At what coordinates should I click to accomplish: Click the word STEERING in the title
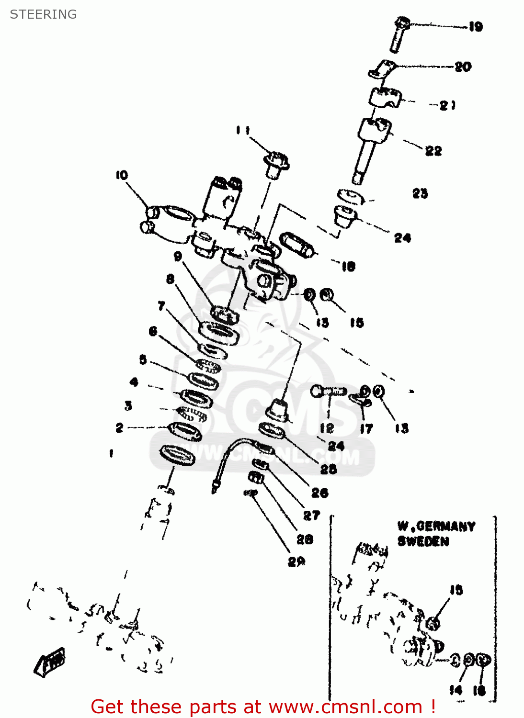pyautogui.click(x=43, y=14)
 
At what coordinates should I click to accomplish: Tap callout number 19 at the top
pyautogui.click(x=475, y=27)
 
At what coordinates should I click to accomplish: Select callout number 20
pyautogui.click(x=463, y=67)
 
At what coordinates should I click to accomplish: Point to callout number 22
pyautogui.click(x=433, y=151)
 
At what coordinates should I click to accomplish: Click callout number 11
pyautogui.click(x=243, y=130)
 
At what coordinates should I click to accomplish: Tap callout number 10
pyautogui.click(x=122, y=175)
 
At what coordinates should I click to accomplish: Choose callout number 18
pyautogui.click(x=348, y=266)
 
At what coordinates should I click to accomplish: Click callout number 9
pyautogui.click(x=178, y=257)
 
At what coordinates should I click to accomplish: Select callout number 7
pyautogui.click(x=161, y=305)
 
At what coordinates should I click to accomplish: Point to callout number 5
pyautogui.click(x=143, y=359)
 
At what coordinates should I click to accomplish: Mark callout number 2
pyautogui.click(x=119, y=427)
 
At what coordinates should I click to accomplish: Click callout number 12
pyautogui.click(x=327, y=427)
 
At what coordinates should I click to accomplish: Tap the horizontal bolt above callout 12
pyautogui.click(x=328, y=391)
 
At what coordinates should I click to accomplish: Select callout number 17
pyautogui.click(x=366, y=428)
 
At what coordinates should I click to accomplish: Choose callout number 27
pyautogui.click(x=311, y=516)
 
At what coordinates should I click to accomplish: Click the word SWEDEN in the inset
pyautogui.click(x=423, y=541)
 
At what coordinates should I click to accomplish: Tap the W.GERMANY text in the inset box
pyautogui.click(x=436, y=527)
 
